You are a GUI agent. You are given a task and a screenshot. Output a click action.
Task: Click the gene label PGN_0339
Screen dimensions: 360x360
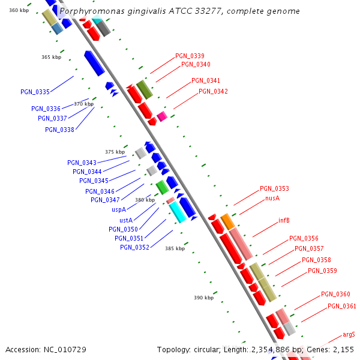tap(190, 56)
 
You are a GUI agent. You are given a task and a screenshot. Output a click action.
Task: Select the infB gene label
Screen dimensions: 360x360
tap(284, 220)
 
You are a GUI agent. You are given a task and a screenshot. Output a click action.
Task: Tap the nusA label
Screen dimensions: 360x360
tap(272, 198)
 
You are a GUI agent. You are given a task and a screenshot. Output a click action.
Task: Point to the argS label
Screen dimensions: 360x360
tap(349, 334)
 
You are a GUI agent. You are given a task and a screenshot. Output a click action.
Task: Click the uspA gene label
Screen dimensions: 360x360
tap(118, 210)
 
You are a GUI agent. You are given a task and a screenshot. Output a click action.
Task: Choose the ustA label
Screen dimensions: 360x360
tap(125, 220)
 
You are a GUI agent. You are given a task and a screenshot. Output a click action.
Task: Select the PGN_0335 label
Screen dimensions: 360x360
tap(35, 92)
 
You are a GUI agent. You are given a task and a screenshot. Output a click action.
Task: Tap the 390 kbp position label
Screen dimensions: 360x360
tap(203, 298)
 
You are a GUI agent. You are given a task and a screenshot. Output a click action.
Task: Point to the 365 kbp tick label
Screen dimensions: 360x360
tap(51, 57)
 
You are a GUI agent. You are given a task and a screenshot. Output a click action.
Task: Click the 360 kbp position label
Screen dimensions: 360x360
tap(19, 10)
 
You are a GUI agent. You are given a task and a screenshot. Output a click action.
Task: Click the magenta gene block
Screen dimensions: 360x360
tap(162, 116)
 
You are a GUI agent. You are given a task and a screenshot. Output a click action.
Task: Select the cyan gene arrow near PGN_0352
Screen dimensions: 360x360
tap(178, 212)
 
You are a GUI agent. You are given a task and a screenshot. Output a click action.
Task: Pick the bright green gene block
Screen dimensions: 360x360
tap(162, 187)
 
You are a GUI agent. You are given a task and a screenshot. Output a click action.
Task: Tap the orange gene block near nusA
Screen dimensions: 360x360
tap(227, 221)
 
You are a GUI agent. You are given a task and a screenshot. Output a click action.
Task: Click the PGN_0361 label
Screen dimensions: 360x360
tap(341, 307)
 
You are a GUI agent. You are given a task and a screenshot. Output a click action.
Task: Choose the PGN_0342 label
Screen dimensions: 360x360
tap(213, 91)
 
